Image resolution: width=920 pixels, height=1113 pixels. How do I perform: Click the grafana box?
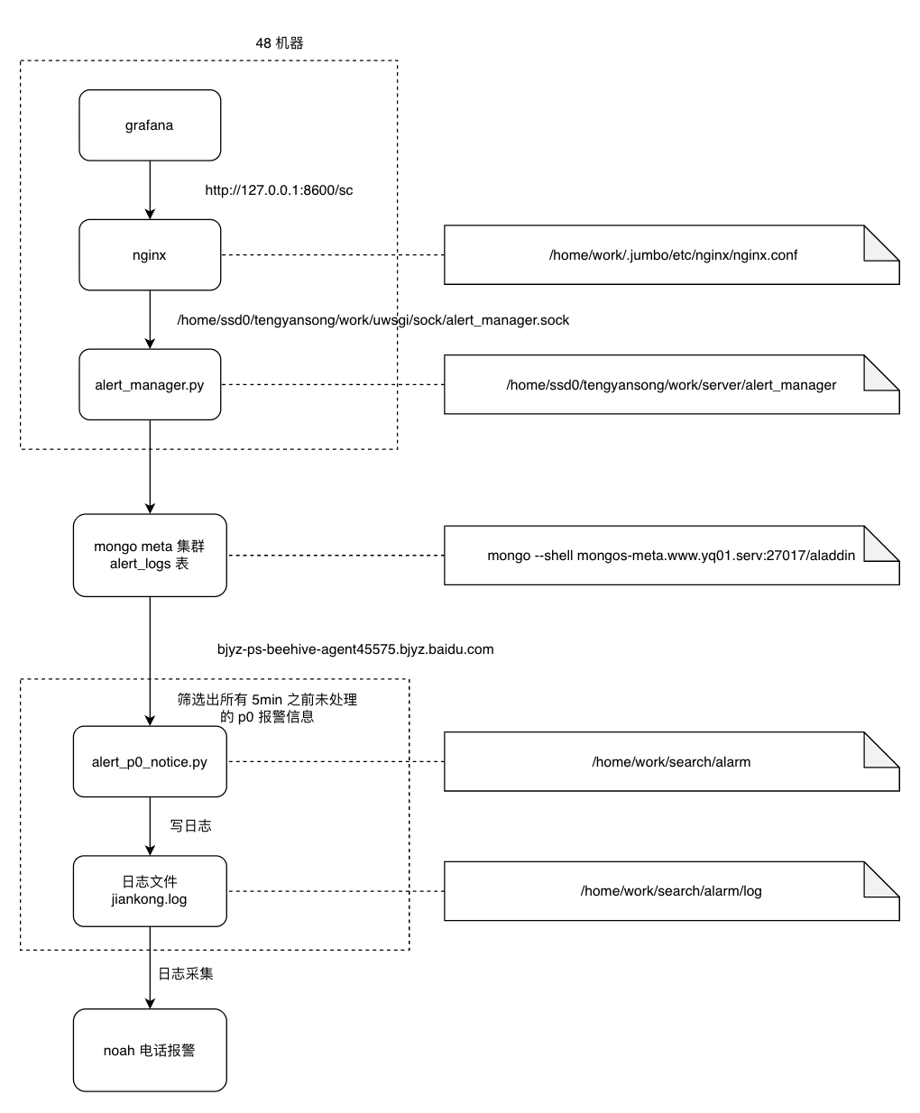pos(150,125)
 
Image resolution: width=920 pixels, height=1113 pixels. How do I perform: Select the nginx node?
pos(150,254)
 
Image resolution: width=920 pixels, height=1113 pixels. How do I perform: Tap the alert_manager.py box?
pos(150,384)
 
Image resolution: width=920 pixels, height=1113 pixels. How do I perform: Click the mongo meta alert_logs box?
pos(150,555)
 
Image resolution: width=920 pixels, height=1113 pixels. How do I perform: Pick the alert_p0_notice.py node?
pos(150,761)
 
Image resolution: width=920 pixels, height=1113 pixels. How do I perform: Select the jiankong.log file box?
pos(150,891)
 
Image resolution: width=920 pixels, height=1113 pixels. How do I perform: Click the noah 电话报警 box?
pos(150,1050)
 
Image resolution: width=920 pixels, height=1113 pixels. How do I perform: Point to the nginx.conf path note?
pos(672,254)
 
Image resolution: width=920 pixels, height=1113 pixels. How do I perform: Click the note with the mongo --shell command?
pos(672,555)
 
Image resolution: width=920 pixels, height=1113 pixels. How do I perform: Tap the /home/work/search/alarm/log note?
pos(672,891)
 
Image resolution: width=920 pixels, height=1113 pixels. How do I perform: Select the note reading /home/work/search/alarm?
pos(672,761)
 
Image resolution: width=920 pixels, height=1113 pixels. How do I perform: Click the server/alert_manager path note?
pos(672,384)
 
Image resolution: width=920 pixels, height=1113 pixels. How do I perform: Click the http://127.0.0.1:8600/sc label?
pos(279,190)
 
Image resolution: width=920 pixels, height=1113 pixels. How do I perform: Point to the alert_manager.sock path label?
pos(373,320)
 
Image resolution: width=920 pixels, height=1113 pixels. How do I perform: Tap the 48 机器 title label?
pos(280,42)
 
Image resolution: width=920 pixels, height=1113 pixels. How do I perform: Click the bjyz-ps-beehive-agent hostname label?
pos(355,649)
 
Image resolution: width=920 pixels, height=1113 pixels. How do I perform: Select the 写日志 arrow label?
pos(191,825)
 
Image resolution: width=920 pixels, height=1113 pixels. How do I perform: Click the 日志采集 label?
pos(186,973)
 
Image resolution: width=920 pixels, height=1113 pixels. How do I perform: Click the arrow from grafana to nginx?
pos(150,189)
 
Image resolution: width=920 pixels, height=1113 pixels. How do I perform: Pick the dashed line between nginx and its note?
pos(333,254)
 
